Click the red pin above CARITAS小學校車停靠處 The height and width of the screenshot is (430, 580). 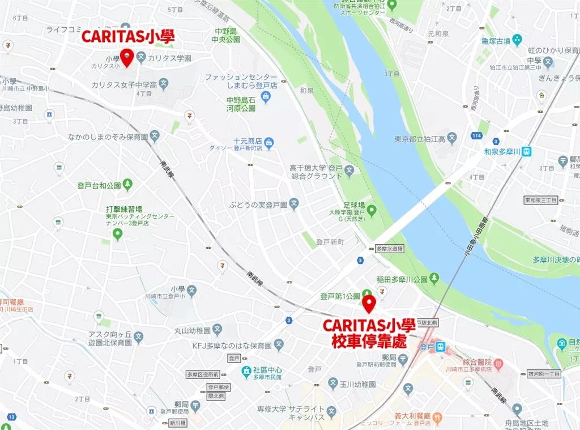369,304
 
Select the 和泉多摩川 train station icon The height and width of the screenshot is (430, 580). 527,151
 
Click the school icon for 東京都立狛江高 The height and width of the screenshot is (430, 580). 451,138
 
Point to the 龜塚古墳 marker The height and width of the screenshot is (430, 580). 516,40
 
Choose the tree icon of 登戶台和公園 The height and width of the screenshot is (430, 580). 128,184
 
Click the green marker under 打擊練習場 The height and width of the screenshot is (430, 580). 118,233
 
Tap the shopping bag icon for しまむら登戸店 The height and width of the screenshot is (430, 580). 264,98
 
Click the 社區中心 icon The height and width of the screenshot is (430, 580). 246,371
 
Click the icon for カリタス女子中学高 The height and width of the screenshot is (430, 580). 163,84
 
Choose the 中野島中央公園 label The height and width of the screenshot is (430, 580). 228,36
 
